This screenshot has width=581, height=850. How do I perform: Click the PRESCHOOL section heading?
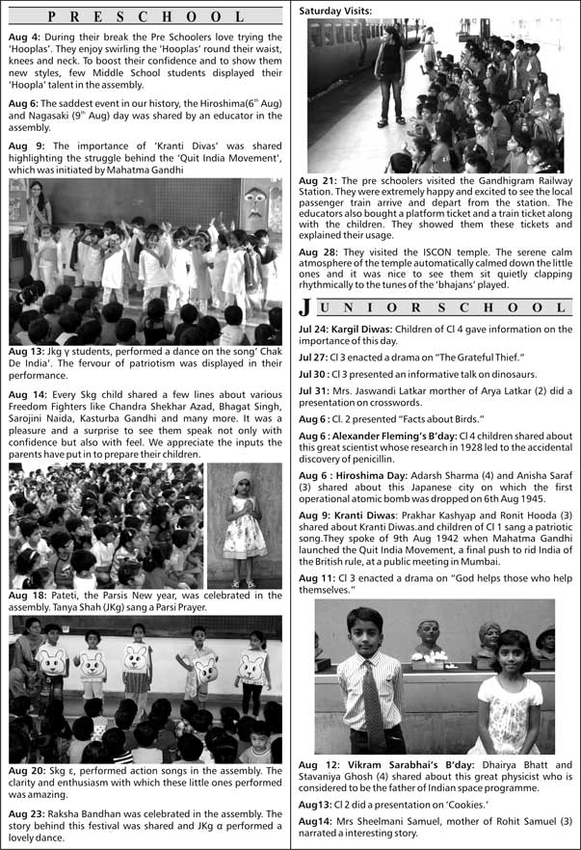[145, 15]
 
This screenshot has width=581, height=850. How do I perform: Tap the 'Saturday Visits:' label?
[334, 10]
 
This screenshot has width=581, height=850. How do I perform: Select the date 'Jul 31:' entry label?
[316, 391]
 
